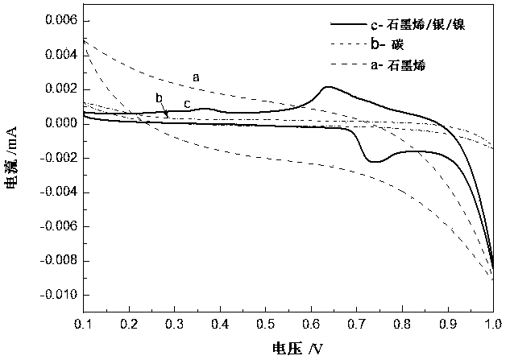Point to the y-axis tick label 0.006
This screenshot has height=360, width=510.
coord(57,20)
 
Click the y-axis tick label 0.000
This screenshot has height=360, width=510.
coord(57,123)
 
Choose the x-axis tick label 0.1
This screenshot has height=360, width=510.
coord(85,325)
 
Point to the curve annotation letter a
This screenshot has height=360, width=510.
coord(196,77)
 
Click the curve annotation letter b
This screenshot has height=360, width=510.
coord(160,98)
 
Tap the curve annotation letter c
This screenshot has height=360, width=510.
coord(187,104)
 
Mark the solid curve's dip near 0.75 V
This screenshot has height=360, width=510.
coord(375,162)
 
